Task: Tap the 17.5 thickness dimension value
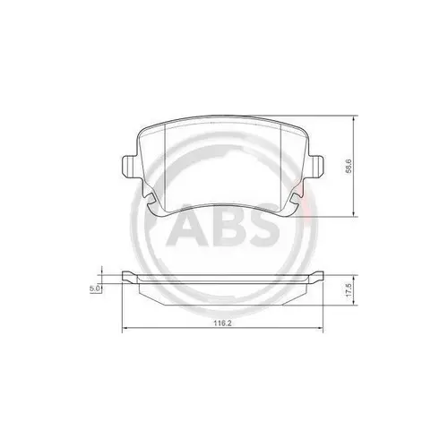pos(356,292)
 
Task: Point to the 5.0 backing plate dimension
pos(94,289)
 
